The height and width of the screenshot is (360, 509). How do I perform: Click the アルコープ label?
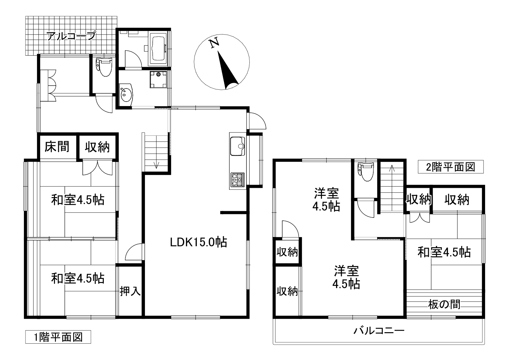coord(71,36)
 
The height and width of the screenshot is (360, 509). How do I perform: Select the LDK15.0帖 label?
coord(198,242)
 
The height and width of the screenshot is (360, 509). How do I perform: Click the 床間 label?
coord(57,147)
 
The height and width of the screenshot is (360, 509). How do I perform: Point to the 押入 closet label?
coord(130,291)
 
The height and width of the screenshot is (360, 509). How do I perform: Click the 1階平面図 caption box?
coord(58,337)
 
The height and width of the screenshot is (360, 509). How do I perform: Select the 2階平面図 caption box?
coord(451,167)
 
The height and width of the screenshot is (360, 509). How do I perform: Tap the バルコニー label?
coord(379,330)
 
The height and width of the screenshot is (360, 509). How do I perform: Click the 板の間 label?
coord(444,305)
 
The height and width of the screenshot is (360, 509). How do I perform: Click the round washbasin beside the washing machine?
coord(126,94)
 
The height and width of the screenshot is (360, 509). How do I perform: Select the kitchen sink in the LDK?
coord(237,146)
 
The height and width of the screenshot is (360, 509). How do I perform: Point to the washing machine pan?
coord(158,79)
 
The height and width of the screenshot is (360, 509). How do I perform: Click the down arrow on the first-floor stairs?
coord(156,165)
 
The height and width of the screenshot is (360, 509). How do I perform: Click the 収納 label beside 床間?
coord(97,147)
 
